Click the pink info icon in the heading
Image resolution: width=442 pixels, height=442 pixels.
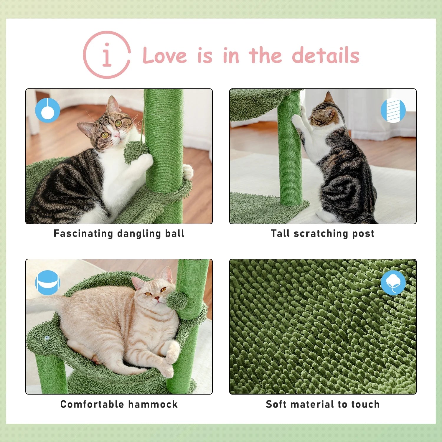tap(107, 55)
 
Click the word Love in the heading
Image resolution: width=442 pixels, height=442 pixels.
tap(164, 55)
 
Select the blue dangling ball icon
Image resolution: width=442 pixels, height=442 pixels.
tap(47, 110)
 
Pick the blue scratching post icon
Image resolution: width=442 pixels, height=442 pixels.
tap(393, 111)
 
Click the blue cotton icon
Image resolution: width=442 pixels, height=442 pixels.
tap(393, 282)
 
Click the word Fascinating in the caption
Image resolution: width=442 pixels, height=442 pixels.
tap(83, 233)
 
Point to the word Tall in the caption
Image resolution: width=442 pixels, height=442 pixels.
tap(280, 233)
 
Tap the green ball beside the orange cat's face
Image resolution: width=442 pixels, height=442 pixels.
tap(177, 300)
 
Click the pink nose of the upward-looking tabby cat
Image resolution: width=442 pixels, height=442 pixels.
tap(116, 135)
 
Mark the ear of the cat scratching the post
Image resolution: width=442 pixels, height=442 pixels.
tap(329, 98)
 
